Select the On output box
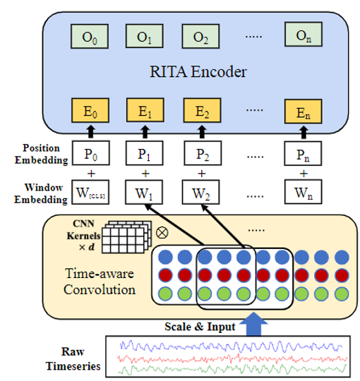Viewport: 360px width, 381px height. point(304,35)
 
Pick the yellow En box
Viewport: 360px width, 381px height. point(304,111)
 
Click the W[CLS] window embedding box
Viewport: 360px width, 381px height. point(88,192)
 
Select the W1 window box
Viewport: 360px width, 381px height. point(145,192)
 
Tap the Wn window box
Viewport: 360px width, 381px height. point(304,192)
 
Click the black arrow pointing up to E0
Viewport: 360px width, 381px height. point(88,131)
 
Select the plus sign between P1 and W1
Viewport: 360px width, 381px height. point(145,174)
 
